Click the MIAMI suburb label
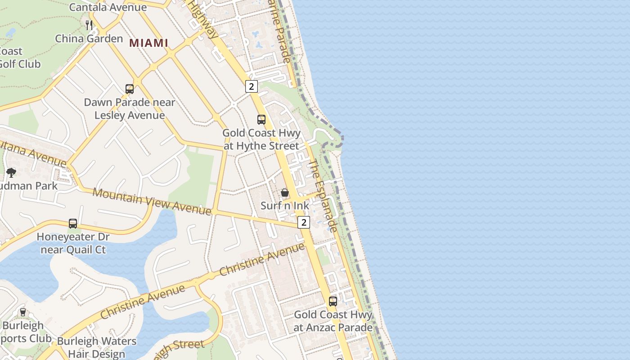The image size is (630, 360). [x=148, y=43]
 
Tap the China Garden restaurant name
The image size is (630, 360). [x=89, y=39]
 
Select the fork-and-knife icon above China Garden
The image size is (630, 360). [x=89, y=25]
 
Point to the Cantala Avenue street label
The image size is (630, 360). [x=108, y=7]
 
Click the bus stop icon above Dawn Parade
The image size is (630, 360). [x=130, y=89]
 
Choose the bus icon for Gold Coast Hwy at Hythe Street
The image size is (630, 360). [x=261, y=119]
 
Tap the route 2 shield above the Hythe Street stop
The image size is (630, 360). [x=252, y=86]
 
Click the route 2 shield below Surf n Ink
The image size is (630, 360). [x=304, y=222]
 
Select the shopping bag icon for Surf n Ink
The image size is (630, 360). [x=285, y=193]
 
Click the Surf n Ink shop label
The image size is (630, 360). [x=285, y=206]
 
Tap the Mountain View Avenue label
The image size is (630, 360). [x=152, y=201]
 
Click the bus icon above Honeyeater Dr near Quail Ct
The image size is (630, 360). [x=73, y=223]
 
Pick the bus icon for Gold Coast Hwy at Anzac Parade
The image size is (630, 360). [x=333, y=301]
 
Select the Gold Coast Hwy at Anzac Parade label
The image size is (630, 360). [x=333, y=321]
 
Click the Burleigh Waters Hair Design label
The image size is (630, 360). [x=97, y=347]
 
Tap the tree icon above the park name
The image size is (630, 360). [x=11, y=172]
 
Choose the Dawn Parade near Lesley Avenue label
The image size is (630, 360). [x=130, y=109]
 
